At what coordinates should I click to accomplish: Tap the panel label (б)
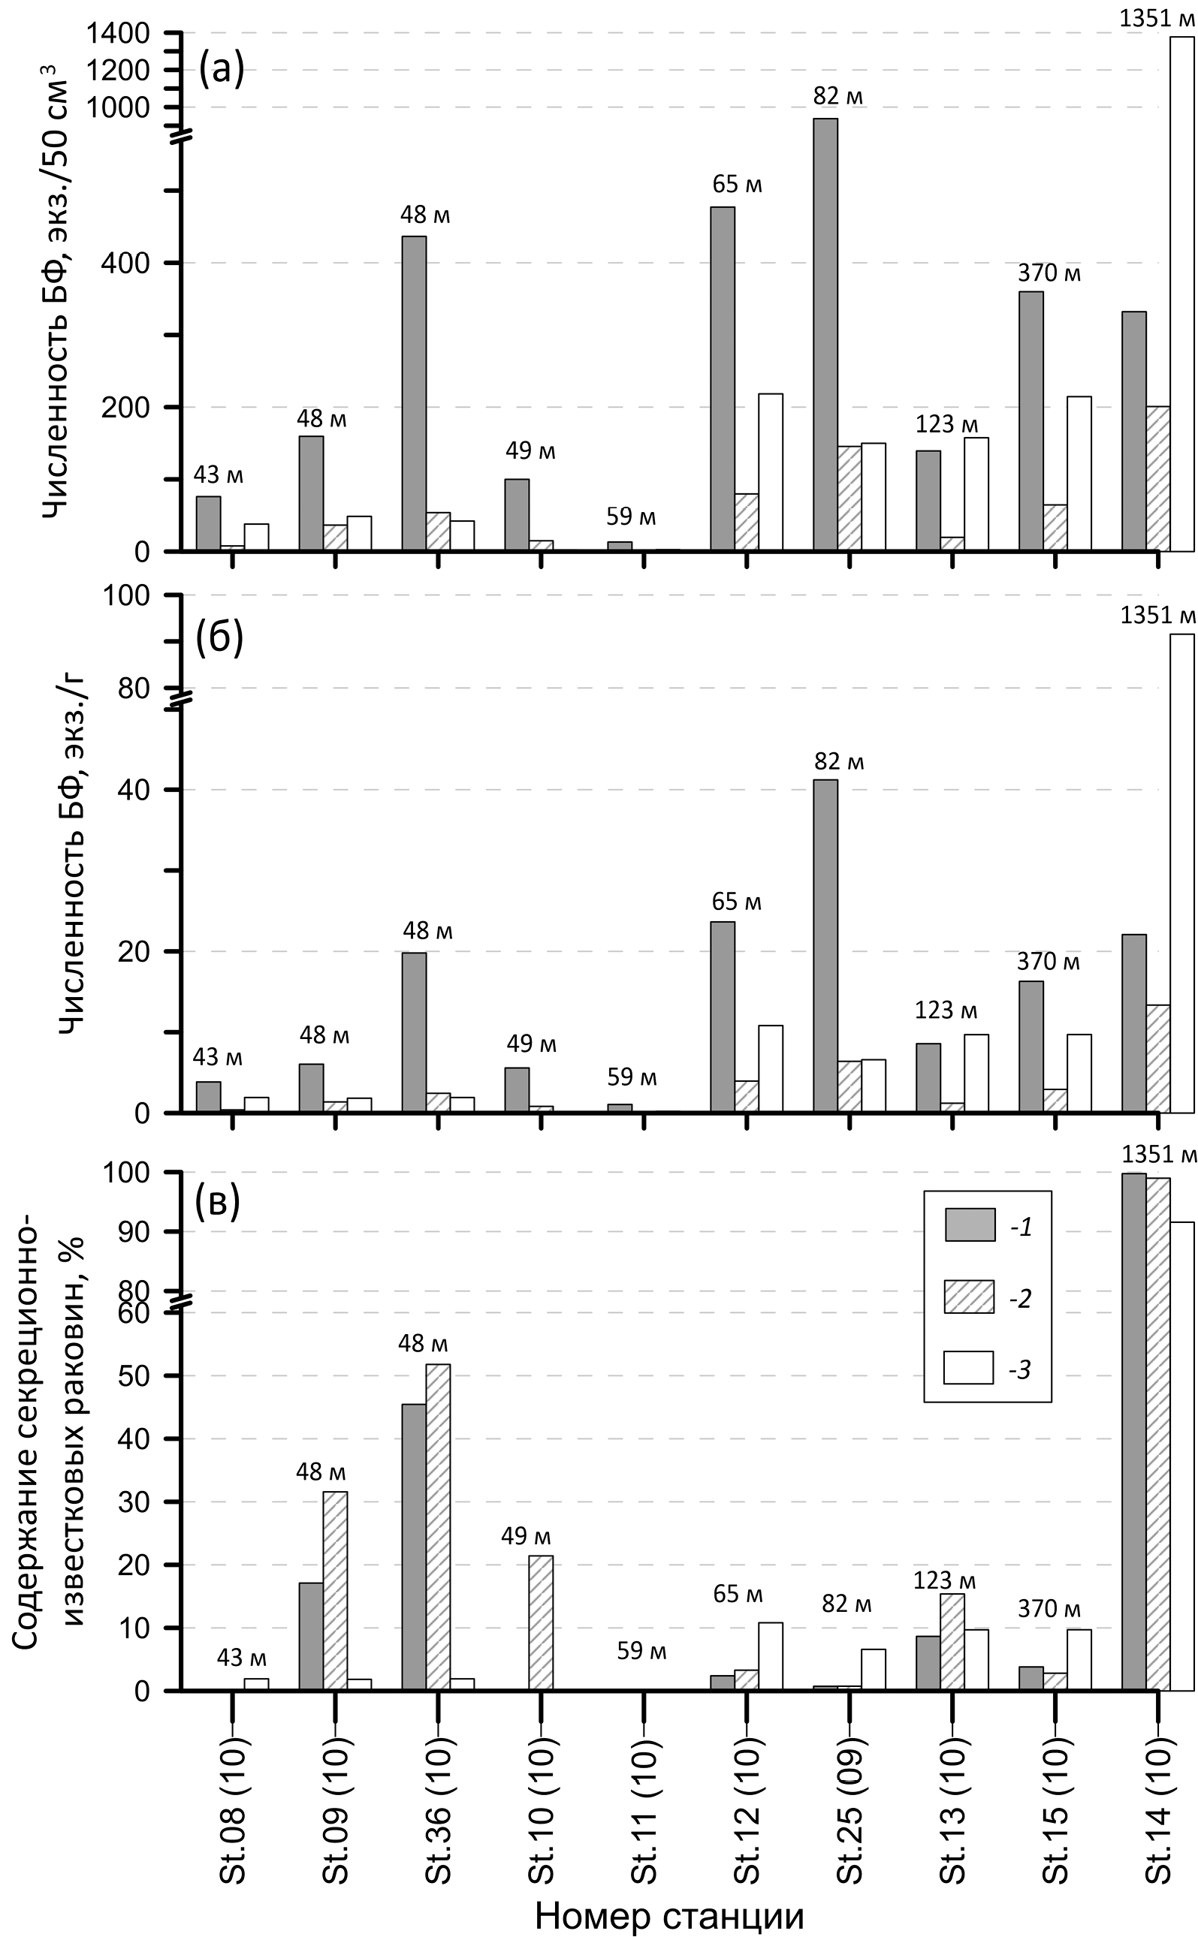(x=219, y=638)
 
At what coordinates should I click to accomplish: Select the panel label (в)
(x=217, y=1200)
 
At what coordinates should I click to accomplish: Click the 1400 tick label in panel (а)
(x=119, y=33)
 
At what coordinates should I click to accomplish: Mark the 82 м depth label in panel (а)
(x=837, y=97)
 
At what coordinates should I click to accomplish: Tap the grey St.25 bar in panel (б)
(x=825, y=945)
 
